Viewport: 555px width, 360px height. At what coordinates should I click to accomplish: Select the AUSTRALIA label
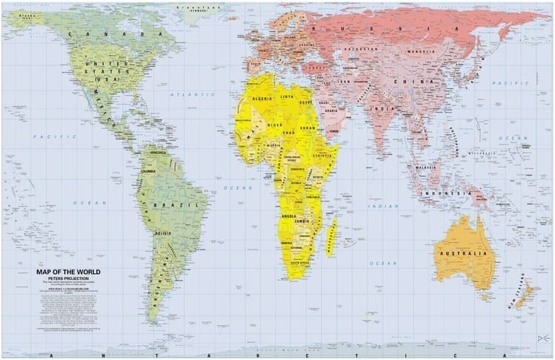pyautogui.click(x=465, y=254)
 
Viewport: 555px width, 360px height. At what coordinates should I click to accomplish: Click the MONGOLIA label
pyautogui.click(x=424, y=51)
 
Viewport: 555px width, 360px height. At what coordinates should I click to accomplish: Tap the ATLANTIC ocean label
pyautogui.click(x=192, y=95)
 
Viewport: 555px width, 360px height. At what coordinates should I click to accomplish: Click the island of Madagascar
pyautogui.click(x=331, y=236)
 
